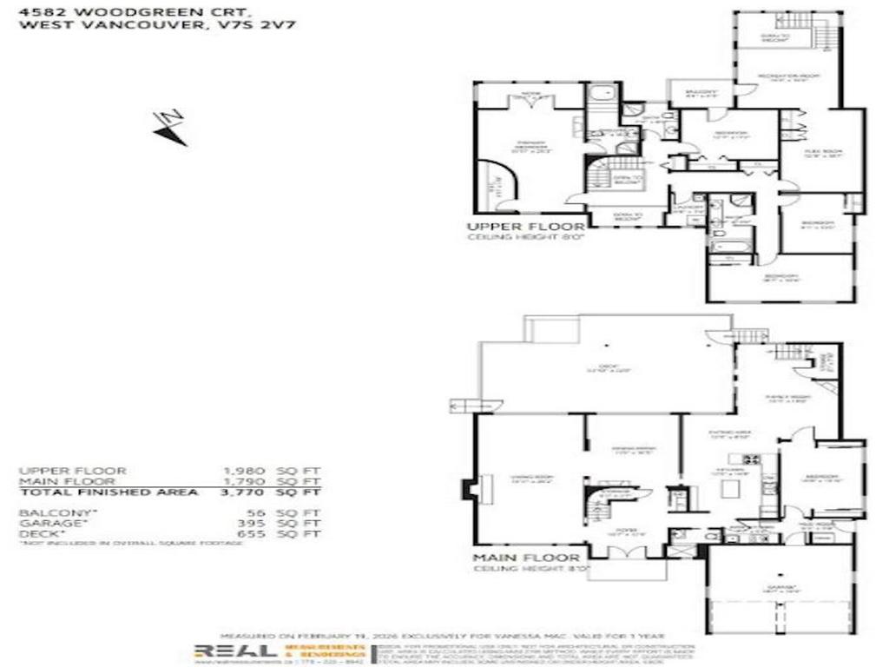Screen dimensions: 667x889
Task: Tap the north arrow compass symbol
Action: click(170, 127)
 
